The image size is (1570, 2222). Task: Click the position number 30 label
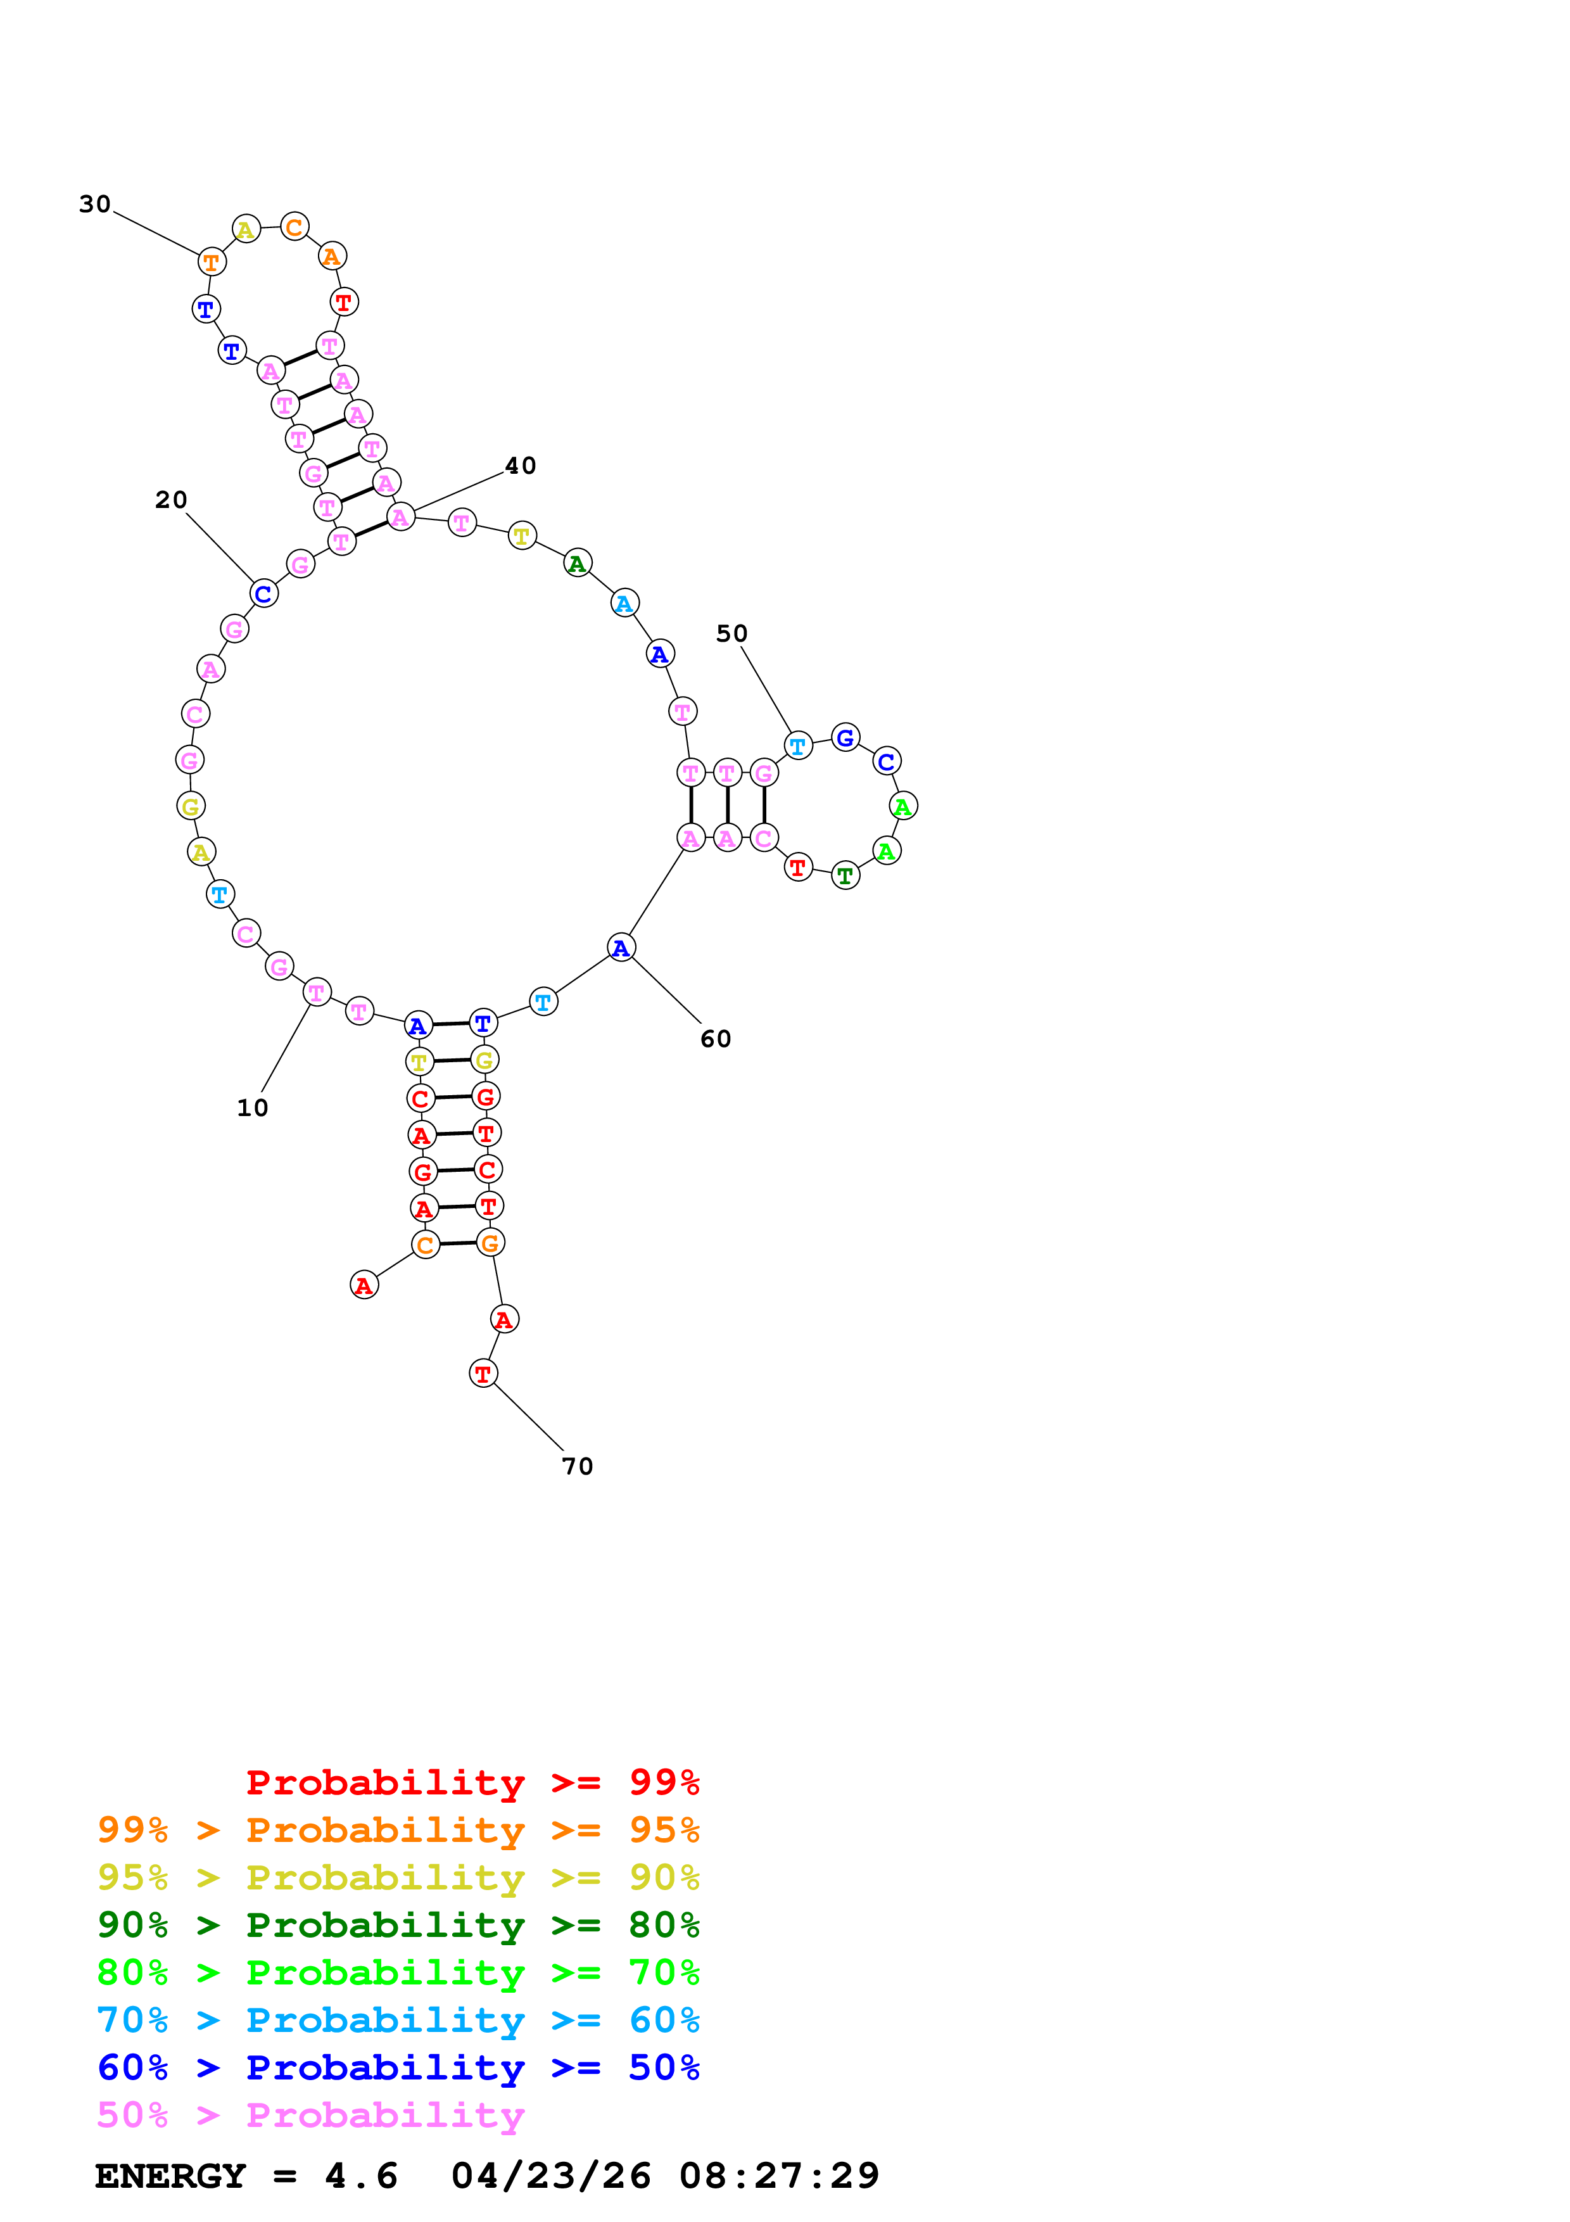95,204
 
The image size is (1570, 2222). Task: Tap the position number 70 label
578,1466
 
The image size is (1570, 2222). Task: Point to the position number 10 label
253,1107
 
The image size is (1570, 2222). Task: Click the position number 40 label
521,466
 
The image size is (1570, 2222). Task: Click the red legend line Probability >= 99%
472,1782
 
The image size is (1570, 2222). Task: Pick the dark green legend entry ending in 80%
398,1925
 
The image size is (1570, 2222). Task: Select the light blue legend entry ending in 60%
398,2020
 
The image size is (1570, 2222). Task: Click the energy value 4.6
361,2176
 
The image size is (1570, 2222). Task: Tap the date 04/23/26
550,2176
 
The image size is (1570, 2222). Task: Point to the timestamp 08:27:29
779,2176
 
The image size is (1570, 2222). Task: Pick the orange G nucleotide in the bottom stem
490,1243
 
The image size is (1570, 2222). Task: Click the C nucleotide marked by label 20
263,594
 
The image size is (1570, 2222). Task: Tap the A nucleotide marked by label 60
621,948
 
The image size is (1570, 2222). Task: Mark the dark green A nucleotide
578,563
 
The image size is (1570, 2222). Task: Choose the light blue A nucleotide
625,603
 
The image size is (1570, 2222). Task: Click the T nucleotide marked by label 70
483,1373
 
